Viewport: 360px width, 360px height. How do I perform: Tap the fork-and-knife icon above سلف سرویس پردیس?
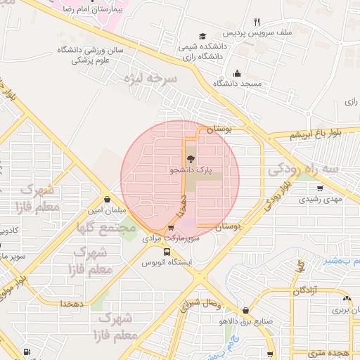tap(257, 22)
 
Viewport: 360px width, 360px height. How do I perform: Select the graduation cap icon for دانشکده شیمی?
tap(202, 36)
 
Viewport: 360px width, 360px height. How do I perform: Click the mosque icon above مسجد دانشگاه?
tap(238, 72)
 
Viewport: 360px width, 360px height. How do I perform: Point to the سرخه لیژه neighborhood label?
tap(150, 79)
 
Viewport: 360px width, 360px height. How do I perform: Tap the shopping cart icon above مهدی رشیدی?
tap(320, 188)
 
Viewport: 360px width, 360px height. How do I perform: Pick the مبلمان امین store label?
tap(106, 210)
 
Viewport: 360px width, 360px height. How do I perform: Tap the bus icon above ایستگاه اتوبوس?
tap(167, 252)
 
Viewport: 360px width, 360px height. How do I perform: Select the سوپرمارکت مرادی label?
tap(171, 239)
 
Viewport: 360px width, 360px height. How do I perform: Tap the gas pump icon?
tap(26, 352)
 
